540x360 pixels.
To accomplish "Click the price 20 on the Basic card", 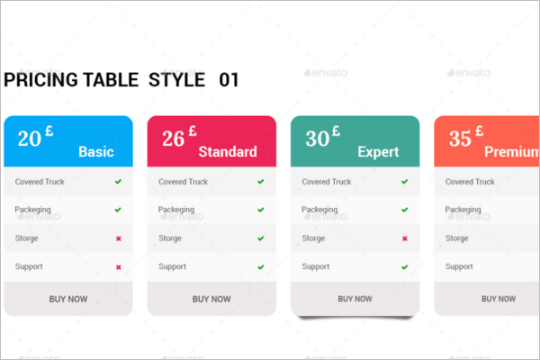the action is click(x=30, y=139).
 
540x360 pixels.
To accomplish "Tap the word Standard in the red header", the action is click(x=228, y=152).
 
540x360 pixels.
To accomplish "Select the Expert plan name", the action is click(x=378, y=152).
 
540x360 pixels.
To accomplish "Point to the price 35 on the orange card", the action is click(x=460, y=139).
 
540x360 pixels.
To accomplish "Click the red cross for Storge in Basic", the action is click(x=119, y=238).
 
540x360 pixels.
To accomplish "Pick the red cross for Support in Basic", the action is click(x=119, y=267).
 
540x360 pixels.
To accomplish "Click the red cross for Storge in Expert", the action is click(x=405, y=238).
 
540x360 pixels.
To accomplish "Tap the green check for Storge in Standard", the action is click(x=261, y=238).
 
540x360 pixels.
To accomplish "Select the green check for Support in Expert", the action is click(x=405, y=266).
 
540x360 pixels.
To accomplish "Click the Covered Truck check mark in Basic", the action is click(x=118, y=181).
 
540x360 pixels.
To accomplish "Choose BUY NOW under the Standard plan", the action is click(x=211, y=299).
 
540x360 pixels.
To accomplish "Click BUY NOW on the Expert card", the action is click(x=355, y=299).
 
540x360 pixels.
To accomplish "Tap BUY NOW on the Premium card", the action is click(x=499, y=299).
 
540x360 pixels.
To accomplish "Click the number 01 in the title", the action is click(x=229, y=80).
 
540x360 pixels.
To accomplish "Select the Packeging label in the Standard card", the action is click(x=176, y=210).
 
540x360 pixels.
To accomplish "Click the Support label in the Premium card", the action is click(x=459, y=266).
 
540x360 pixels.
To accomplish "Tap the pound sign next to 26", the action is click(x=193, y=130).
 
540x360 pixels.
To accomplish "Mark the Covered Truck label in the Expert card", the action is click(x=327, y=182).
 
